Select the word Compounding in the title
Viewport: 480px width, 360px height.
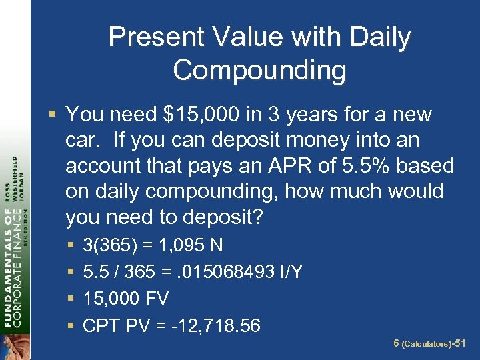[x=259, y=69]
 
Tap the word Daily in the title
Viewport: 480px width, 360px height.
[x=380, y=37]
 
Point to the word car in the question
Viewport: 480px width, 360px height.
[x=83, y=141]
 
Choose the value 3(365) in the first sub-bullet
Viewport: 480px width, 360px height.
[x=109, y=246]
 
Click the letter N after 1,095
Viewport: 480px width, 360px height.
[x=216, y=246]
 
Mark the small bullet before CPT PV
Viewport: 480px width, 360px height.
[x=71, y=326]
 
